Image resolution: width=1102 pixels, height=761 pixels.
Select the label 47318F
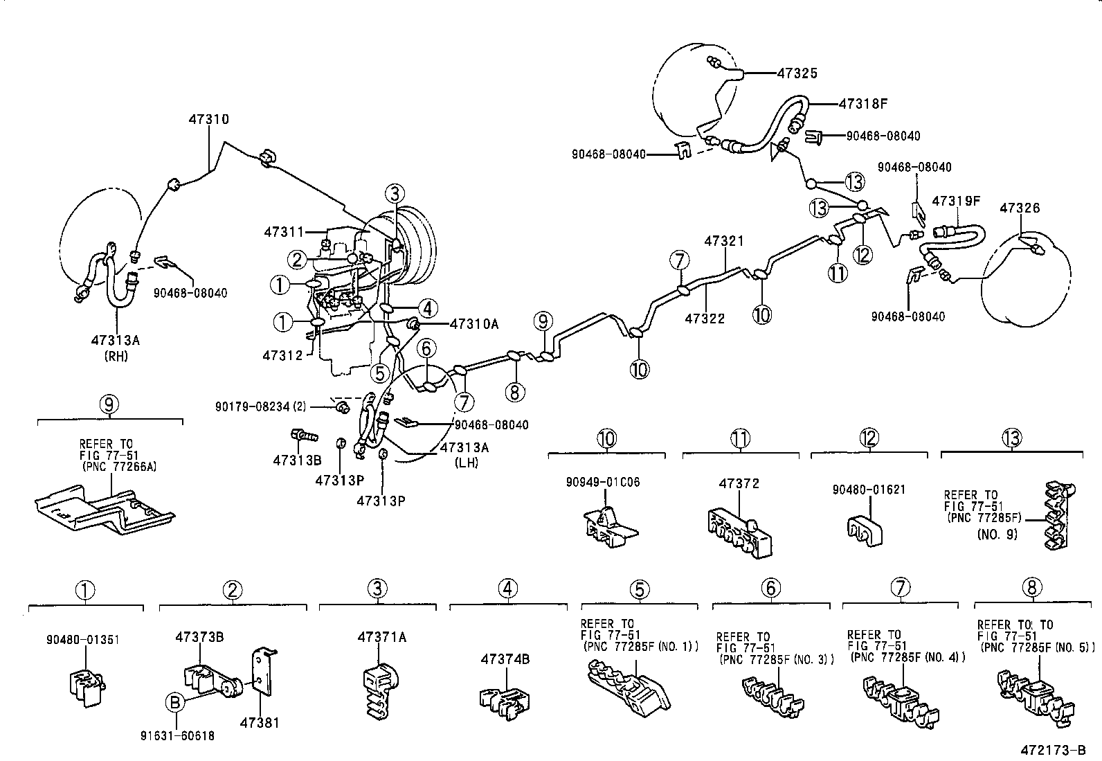click(x=862, y=104)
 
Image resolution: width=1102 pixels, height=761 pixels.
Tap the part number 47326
click(x=1021, y=208)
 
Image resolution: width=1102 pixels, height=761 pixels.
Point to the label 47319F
click(x=957, y=201)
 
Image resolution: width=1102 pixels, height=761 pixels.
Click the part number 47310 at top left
click(x=208, y=119)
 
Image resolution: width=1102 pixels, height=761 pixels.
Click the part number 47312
click(x=282, y=355)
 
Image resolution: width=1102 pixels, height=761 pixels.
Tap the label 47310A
click(x=474, y=323)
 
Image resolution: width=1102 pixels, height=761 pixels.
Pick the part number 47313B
click(x=297, y=460)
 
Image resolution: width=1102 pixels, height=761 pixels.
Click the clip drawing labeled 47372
click(x=739, y=532)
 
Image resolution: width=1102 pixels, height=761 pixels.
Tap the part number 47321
click(x=724, y=241)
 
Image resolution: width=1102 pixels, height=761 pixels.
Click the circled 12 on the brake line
click(x=862, y=255)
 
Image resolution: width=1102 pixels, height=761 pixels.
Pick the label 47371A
click(x=381, y=637)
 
